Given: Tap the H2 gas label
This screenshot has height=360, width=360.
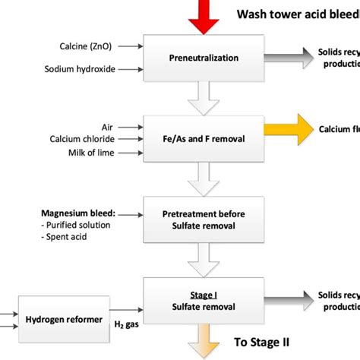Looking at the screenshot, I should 124,326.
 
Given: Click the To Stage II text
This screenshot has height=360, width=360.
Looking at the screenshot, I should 261,342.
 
